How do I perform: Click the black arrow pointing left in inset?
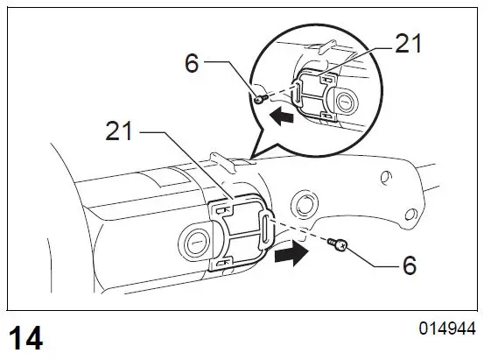click(x=281, y=115)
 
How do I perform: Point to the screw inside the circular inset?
click(x=260, y=100)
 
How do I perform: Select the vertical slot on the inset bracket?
click(x=298, y=94)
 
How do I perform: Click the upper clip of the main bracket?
click(x=224, y=209)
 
